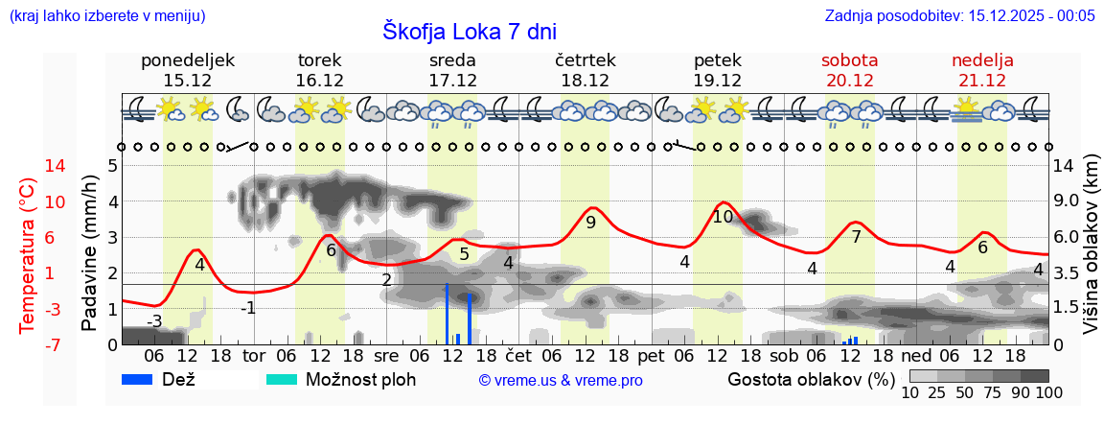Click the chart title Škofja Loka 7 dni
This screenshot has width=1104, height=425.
click(469, 31)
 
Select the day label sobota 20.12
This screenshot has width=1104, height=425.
click(850, 70)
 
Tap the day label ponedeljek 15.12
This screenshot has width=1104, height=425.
click(188, 70)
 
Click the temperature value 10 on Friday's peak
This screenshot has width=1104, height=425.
click(724, 217)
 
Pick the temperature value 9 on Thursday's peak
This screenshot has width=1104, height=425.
click(590, 223)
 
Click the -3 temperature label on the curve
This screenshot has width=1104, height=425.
click(153, 320)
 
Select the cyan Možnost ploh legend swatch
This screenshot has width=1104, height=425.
click(282, 379)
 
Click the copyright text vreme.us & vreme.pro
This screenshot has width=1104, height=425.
click(561, 381)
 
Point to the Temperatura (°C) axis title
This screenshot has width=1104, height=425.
click(29, 255)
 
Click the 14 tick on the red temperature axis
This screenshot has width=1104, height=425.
click(29, 166)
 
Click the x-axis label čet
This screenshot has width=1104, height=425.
click(518, 355)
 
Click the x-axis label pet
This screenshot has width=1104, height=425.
click(651, 355)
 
